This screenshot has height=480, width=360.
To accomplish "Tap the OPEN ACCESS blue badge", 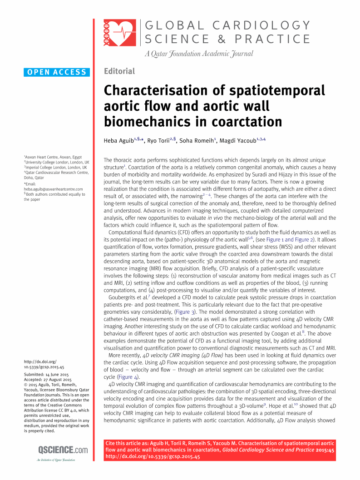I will click(x=57, y=72).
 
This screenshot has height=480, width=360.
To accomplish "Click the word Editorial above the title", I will click(x=119, y=71).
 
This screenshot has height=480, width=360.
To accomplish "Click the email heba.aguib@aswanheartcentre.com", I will click(x=54, y=189).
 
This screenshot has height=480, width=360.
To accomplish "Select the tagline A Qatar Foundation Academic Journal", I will click(x=199, y=54).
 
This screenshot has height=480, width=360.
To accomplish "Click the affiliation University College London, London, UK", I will click(x=57, y=162).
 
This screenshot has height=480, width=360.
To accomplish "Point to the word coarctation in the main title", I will click(x=246, y=122).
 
